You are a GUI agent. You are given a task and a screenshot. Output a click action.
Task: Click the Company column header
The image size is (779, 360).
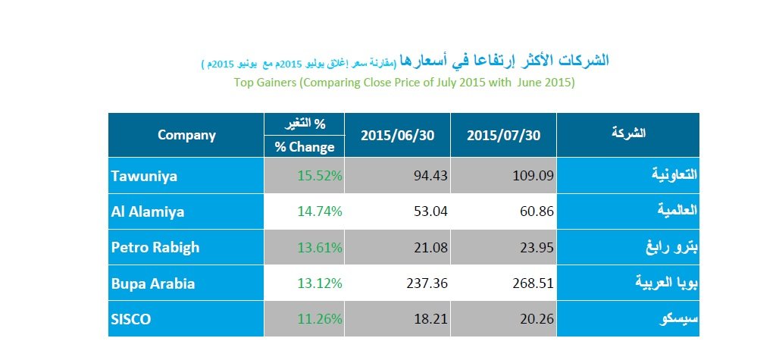click(x=186, y=135)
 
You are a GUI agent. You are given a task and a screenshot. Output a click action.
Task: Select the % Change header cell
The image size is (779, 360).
click(x=304, y=147)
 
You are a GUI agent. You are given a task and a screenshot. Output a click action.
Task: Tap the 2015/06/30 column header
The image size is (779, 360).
click(x=397, y=136)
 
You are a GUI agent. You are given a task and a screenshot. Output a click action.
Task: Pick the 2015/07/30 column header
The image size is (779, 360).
click(x=503, y=136)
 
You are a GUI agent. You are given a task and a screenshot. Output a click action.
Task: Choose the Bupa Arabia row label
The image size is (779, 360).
click(x=153, y=284)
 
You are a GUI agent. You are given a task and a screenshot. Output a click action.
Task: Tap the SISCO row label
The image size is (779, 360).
click(x=131, y=320)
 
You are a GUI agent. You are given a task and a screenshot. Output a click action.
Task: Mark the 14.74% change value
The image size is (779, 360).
click(x=319, y=211)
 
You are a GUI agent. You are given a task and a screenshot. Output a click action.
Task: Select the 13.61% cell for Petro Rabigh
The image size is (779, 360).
click(x=319, y=248)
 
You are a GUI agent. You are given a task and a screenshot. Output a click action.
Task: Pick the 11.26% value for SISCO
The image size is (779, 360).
click(x=319, y=320)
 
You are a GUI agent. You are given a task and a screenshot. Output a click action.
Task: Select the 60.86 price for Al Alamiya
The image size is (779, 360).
click(x=536, y=211)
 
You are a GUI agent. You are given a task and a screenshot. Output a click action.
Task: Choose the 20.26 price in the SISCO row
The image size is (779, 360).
click(x=536, y=320)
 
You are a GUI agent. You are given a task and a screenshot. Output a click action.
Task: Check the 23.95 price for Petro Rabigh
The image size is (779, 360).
click(x=536, y=248)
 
